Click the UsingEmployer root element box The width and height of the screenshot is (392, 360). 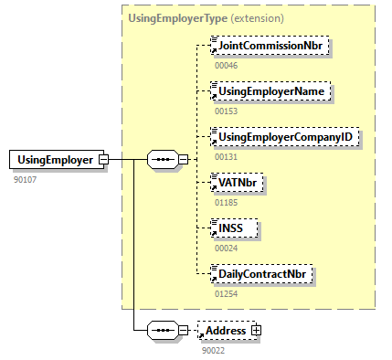coord(54,160)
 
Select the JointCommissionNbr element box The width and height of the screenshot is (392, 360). coord(259,46)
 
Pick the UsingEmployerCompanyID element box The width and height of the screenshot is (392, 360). coord(283,136)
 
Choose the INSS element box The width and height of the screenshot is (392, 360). coord(234,228)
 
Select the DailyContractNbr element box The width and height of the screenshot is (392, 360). coord(261,273)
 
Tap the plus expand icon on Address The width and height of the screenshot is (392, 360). coord(257,329)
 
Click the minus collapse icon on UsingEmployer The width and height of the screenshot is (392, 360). coord(103,160)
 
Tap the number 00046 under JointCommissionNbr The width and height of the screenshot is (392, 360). coord(226,66)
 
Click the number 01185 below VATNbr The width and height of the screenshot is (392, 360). coord(226,202)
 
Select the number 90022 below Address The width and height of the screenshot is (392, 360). coord(213,349)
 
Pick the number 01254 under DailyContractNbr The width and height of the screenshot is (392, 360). coord(226,293)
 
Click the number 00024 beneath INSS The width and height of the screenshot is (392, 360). coord(226,248)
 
